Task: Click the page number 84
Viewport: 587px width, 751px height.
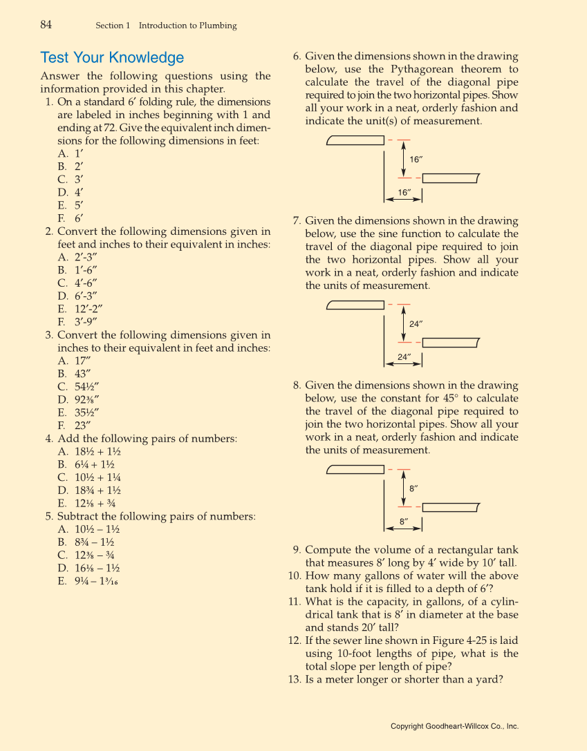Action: (46, 25)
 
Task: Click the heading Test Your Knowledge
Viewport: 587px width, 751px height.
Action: (112, 57)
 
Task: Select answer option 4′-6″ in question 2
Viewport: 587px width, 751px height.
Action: (86, 283)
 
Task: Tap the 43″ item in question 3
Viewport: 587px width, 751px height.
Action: (83, 373)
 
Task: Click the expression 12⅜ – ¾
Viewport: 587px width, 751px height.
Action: (95, 555)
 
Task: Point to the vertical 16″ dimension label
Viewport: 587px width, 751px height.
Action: (416, 160)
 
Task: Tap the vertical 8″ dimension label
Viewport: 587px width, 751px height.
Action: (413, 488)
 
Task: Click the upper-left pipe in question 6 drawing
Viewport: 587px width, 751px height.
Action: (355, 140)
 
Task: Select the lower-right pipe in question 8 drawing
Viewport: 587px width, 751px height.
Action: (450, 508)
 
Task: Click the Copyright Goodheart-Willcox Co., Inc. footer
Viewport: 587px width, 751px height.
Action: (454, 726)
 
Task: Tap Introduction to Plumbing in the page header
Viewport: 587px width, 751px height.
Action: (187, 26)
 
